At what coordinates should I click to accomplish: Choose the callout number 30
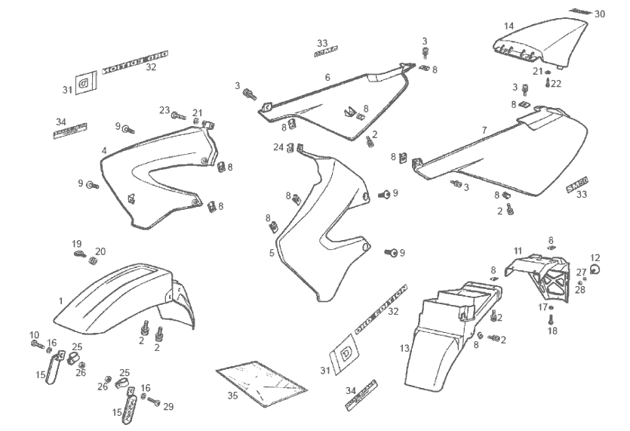pos(600,14)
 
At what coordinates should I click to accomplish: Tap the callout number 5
pos(272,253)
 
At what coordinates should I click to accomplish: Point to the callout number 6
pos(327,77)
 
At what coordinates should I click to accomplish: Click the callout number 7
pos(484,130)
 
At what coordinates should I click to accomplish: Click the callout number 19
pos(77,243)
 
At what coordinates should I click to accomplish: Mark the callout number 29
pos(168,406)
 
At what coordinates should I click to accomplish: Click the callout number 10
pos(34,334)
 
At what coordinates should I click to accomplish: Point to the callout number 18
pos(552,331)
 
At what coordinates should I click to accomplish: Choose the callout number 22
pos(557,83)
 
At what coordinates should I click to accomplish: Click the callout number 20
pos(100,251)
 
